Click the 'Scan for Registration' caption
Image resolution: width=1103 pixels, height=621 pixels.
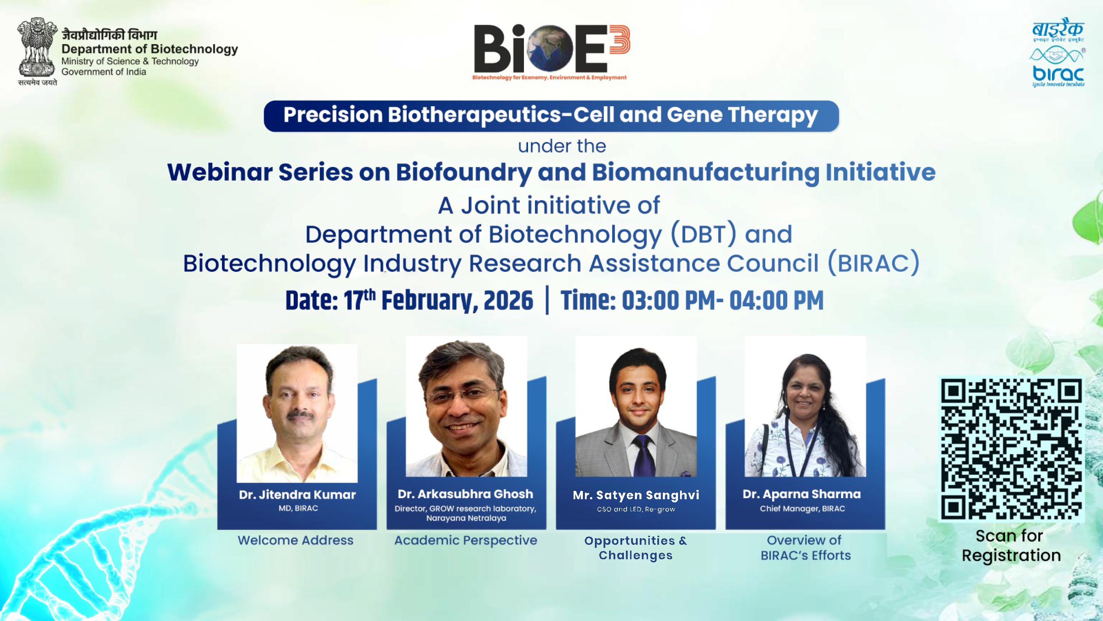click(1011, 545)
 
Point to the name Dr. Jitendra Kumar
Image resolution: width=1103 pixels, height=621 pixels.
click(297, 495)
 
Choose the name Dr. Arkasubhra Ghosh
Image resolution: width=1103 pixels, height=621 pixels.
click(465, 494)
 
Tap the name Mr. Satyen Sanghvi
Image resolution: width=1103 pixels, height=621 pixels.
click(636, 495)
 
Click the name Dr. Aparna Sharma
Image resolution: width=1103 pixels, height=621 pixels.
click(801, 494)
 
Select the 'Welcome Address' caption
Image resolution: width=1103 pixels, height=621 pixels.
click(295, 540)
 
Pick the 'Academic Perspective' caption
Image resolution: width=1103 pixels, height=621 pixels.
click(465, 540)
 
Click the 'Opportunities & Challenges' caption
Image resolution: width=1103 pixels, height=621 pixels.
click(635, 548)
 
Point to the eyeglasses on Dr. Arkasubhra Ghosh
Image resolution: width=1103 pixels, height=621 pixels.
click(466, 396)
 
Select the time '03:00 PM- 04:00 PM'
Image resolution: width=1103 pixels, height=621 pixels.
click(722, 300)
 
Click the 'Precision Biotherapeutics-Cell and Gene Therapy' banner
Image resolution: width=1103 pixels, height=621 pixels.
click(551, 116)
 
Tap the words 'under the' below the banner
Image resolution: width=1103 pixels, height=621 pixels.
click(562, 146)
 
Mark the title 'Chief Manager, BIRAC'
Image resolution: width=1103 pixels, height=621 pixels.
click(802, 509)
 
